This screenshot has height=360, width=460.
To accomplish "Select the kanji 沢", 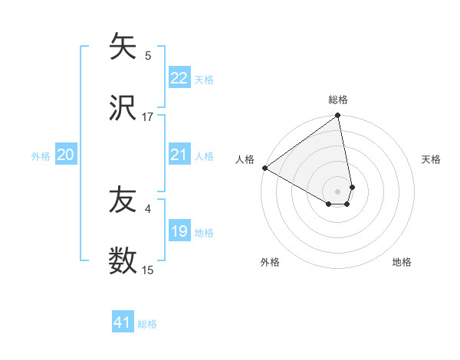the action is point(123,108).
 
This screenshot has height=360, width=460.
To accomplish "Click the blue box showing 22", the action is point(179,78).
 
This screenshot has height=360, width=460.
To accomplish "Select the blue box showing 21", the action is point(179,155).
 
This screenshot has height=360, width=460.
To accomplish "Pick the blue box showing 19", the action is point(179,231).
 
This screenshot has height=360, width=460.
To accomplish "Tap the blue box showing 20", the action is point(66,155).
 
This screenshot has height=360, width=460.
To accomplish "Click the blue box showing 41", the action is point(123,322).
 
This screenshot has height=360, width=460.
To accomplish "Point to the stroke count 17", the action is point(148,116).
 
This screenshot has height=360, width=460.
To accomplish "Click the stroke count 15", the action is point(148,270).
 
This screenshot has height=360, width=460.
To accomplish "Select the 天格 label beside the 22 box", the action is point(204,80).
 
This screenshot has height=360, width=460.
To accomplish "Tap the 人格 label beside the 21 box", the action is point(204,156).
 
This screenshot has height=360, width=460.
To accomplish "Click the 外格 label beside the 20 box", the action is point(41,156).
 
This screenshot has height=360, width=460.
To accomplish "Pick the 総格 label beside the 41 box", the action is point(147,324).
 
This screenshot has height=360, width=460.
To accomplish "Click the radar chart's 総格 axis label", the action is point(338,100).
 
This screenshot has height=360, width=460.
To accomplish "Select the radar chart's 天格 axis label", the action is point(432,159).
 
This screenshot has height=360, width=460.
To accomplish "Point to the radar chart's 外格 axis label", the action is point(270,262).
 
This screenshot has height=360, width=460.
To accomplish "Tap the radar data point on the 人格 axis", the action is point(264,168).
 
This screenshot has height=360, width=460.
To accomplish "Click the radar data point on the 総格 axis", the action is point(338,116).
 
